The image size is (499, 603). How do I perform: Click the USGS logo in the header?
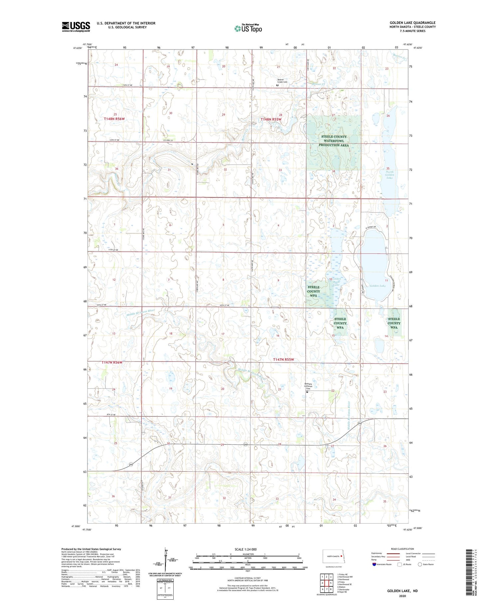click(x=76, y=27)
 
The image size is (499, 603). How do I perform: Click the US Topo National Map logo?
click(x=248, y=28)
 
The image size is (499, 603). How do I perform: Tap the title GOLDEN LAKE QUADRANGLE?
click(x=413, y=23)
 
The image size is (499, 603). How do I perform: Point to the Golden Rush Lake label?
click(x=337, y=282)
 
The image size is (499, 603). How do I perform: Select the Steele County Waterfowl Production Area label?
click(x=334, y=141)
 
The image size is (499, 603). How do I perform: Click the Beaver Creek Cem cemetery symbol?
click(x=277, y=85)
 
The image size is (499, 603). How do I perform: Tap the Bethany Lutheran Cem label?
click(x=310, y=386)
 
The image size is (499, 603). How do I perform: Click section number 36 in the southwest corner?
click(x=113, y=496)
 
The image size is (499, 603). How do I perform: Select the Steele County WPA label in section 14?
click(x=394, y=323)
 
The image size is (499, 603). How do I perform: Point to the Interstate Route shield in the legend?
click(x=374, y=564)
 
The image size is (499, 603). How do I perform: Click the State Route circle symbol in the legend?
click(x=420, y=564)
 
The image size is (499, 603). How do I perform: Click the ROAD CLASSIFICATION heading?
click(x=403, y=549)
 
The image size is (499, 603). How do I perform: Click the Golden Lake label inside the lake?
click(x=378, y=286)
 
